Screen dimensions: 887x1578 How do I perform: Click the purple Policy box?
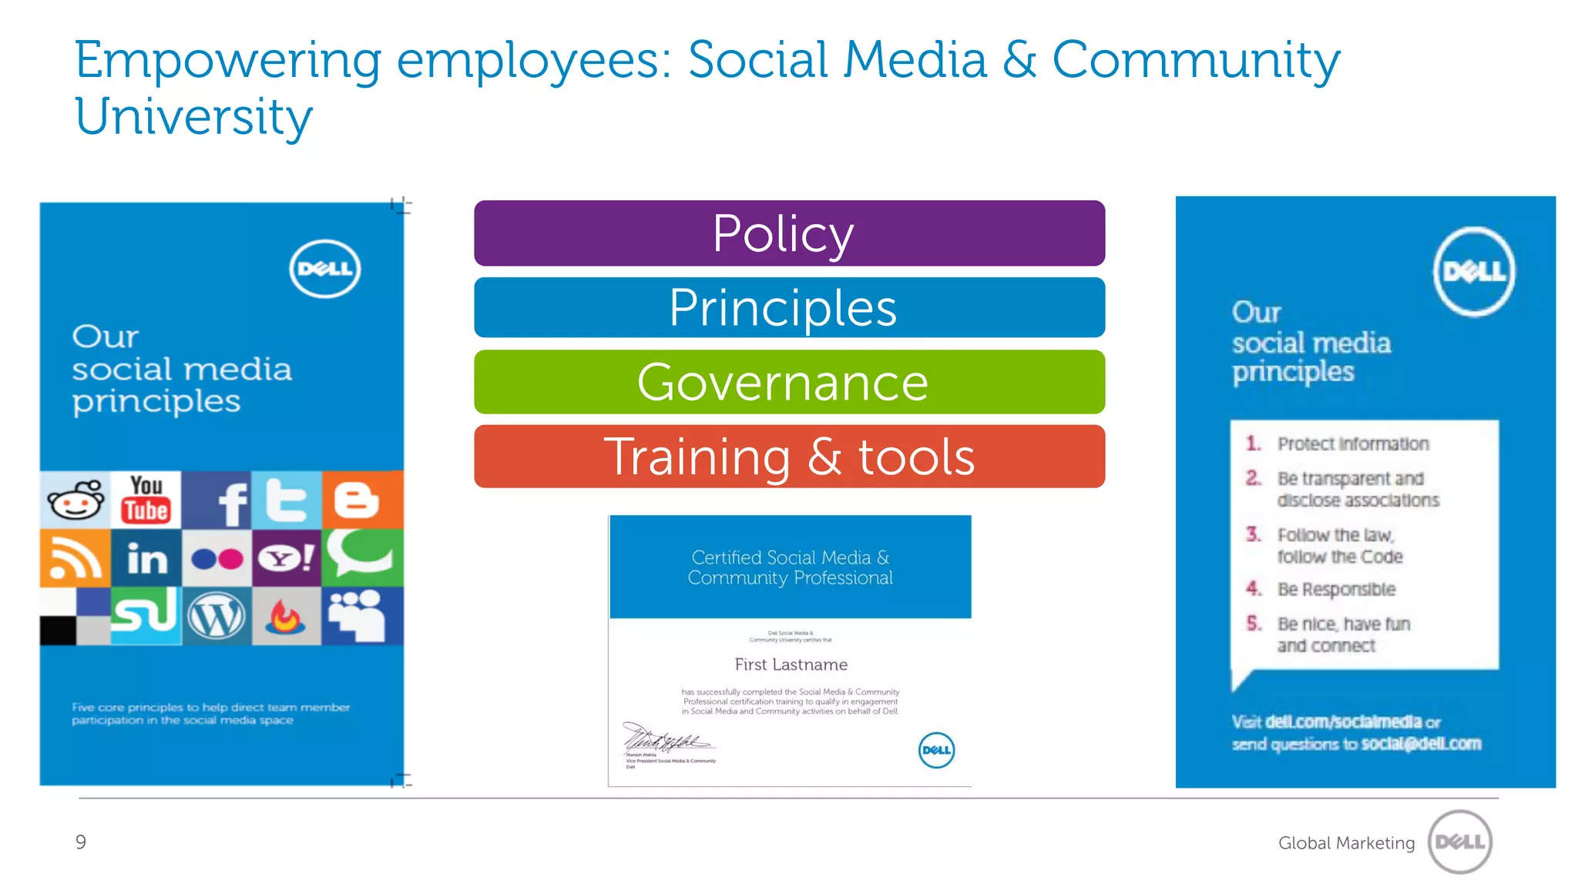[789, 233]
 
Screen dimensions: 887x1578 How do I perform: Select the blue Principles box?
[789, 307]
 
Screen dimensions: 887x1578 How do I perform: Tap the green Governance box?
[789, 382]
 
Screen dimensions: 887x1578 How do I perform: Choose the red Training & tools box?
[789, 457]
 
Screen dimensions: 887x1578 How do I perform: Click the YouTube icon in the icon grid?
[146, 500]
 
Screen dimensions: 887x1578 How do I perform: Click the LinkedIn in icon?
[146, 558]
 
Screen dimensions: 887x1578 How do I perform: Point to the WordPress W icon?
[217, 617]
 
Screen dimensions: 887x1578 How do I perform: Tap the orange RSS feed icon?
[74, 558]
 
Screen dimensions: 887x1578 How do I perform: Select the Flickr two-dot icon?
[217, 558]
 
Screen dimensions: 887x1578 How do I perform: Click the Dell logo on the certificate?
[936, 750]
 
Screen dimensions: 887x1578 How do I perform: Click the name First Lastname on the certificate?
[791, 664]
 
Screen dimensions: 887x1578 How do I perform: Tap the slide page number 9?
[81, 842]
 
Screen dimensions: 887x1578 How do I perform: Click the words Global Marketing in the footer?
[1346, 843]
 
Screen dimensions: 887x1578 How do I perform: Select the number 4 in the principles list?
[1254, 589]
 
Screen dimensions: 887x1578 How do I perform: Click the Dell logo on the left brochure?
[324, 269]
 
